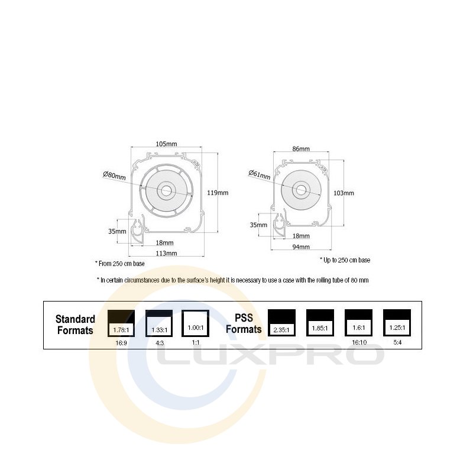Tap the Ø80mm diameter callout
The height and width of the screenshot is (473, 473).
[x=114, y=176]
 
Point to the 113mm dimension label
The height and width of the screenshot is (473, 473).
[x=166, y=254]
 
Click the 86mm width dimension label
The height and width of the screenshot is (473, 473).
[x=301, y=149]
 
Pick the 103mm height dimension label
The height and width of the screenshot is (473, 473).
[x=344, y=193]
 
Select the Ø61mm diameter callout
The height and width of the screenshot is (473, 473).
[x=260, y=174]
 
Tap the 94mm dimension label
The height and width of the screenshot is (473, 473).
[x=301, y=247]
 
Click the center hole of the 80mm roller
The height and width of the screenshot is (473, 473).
[x=166, y=190]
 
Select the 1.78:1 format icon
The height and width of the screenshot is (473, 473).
[x=121, y=323]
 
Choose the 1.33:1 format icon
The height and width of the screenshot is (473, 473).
[x=159, y=323]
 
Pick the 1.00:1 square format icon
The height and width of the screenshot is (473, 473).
[x=196, y=323]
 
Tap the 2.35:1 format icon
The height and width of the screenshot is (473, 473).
[x=281, y=323]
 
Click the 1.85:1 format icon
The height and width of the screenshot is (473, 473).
[x=320, y=323]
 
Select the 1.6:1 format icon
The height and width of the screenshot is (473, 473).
[x=358, y=323]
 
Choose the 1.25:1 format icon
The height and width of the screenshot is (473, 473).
[x=396, y=323]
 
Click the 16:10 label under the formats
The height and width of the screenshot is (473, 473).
[x=358, y=342]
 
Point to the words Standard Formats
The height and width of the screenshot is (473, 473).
[x=75, y=325]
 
